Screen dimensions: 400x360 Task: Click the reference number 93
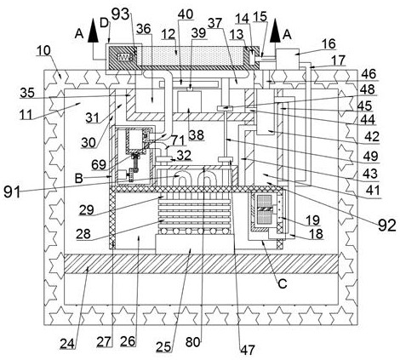point(120,14)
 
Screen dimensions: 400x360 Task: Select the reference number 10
point(43,50)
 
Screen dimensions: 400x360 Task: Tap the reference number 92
point(386,226)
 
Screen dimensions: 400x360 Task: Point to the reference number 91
point(12,192)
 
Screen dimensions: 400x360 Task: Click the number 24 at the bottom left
point(67,344)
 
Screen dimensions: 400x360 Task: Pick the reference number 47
point(248,350)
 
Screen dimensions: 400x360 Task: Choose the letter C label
point(283,283)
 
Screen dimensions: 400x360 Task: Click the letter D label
point(105,23)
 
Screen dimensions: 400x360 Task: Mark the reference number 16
point(329,44)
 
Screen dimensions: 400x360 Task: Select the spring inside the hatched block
point(125,57)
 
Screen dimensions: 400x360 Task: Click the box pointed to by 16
point(288,59)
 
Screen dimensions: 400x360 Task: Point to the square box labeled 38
point(189,101)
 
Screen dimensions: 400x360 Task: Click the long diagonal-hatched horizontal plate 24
point(202,264)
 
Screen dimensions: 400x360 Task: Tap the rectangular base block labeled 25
point(195,243)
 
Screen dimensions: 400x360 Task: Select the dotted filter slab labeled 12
point(190,56)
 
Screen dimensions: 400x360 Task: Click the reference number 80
point(193,342)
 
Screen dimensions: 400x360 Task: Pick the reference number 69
point(99,165)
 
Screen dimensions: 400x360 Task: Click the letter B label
point(78,179)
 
